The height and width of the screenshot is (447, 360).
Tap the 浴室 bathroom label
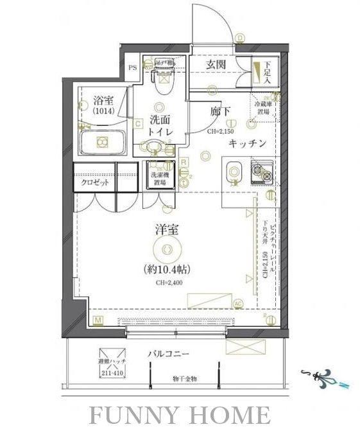pos(103,101)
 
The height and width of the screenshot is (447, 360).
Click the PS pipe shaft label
pos(133,67)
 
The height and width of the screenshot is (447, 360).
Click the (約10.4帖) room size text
pos(165,269)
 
